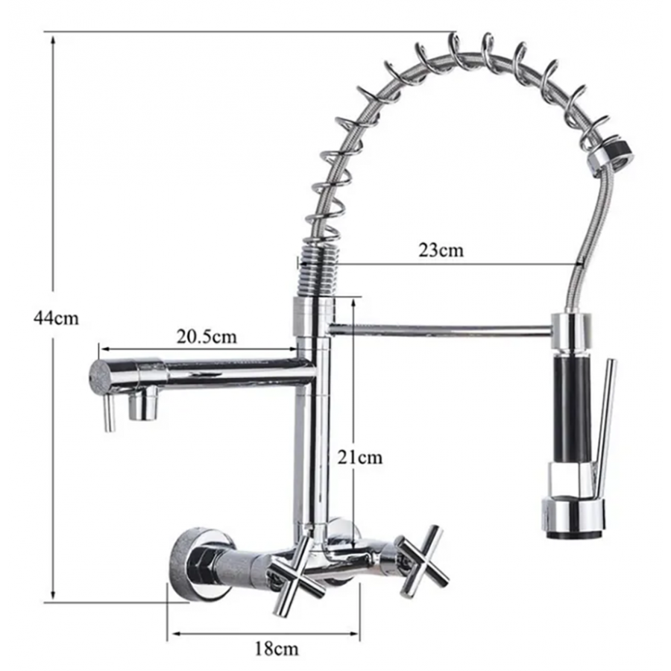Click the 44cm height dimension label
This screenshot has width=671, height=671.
click(x=56, y=318)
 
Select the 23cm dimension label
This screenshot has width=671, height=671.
click(x=441, y=250)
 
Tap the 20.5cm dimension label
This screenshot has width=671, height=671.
click(x=207, y=337)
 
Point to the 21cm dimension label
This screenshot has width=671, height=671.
click(x=359, y=458)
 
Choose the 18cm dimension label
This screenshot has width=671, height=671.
click(x=277, y=649)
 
